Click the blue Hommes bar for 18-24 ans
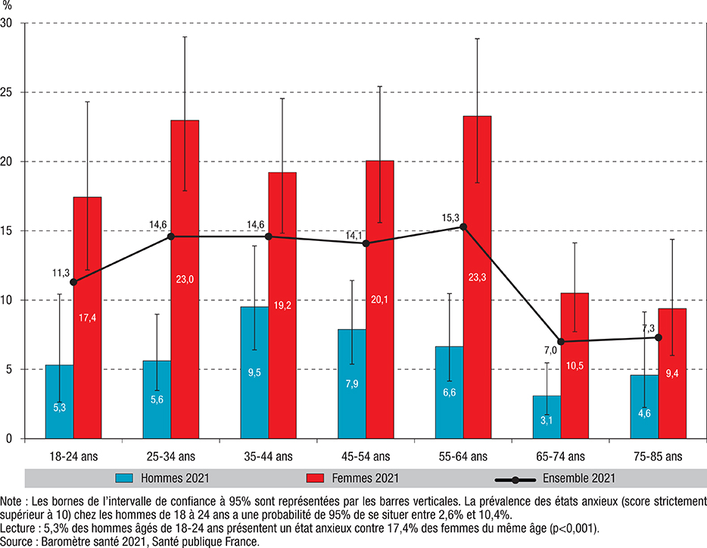60,402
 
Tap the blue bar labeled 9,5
254,372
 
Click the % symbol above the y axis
8,6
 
